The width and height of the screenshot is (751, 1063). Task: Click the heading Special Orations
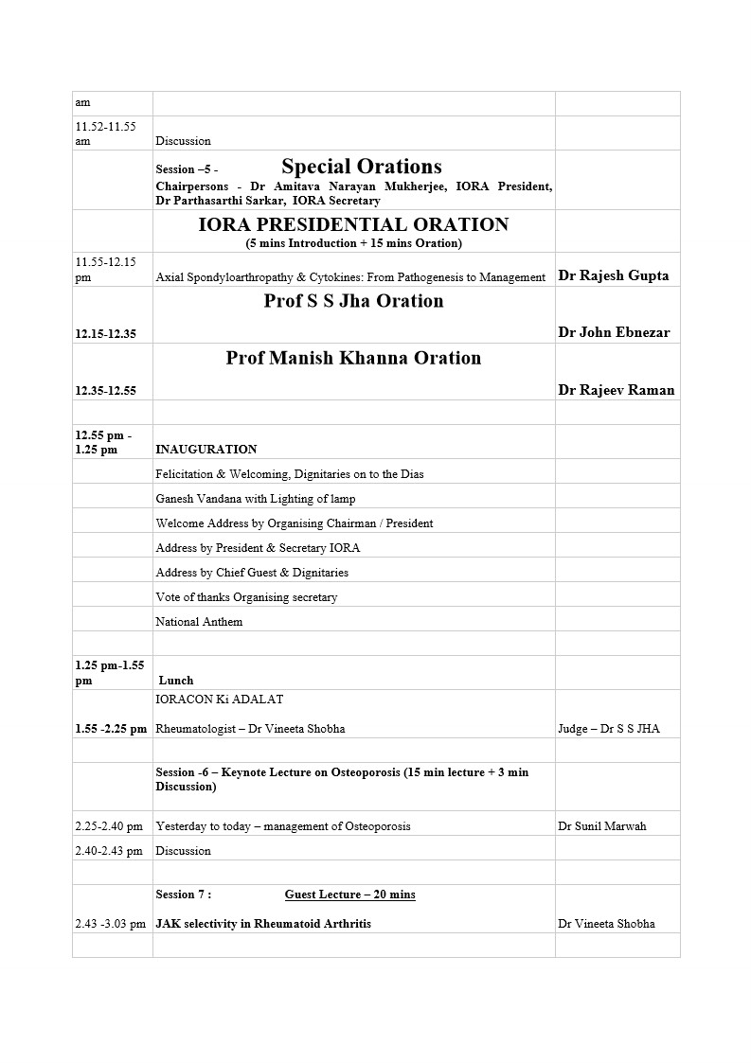[x=362, y=168]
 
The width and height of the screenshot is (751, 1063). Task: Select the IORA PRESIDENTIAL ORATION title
[x=353, y=225]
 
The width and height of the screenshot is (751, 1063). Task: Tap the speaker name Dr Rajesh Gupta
[x=614, y=276]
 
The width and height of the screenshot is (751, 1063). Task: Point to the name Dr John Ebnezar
[x=614, y=333]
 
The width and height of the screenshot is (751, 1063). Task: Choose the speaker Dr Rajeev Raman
[x=617, y=390]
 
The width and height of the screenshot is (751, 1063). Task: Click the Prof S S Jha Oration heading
[x=353, y=301]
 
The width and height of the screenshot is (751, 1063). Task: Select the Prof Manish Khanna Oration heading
[x=353, y=358]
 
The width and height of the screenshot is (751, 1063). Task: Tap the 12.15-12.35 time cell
[x=105, y=333]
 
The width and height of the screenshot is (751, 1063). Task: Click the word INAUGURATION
[x=206, y=450]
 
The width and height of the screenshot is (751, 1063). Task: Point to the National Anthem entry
[x=199, y=622]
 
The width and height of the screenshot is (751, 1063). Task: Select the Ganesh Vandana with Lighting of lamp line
[x=256, y=499]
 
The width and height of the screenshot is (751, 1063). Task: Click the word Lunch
[x=176, y=681]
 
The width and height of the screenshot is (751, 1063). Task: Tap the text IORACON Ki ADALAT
[x=220, y=700]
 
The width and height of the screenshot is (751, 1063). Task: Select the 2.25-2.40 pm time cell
[x=109, y=826]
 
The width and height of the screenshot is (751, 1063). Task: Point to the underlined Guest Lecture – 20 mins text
[x=349, y=895]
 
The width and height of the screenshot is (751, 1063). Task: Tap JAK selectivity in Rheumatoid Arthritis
[x=263, y=924]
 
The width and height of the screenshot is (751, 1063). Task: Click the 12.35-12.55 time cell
[x=105, y=390]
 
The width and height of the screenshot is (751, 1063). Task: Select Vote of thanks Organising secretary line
[x=246, y=597]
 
